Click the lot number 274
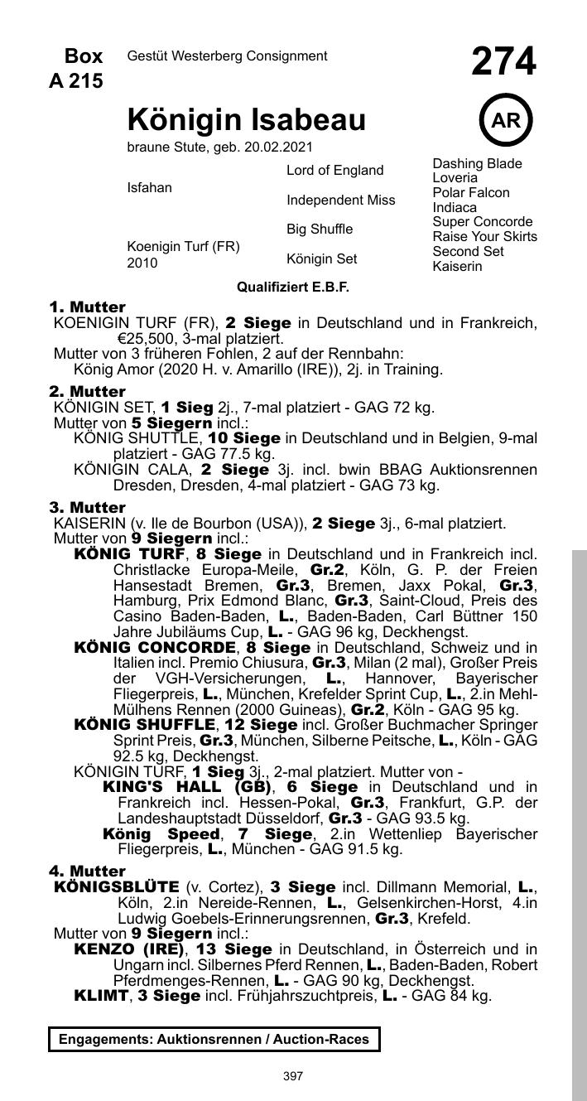point(503,62)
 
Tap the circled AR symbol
point(505,121)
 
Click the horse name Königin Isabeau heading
point(246,121)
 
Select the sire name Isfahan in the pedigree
point(150,188)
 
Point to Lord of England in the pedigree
point(334,171)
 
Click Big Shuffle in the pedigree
point(320,229)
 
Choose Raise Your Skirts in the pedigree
point(484,237)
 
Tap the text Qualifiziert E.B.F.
point(293,287)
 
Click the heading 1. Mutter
point(88,307)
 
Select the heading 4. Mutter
point(88,872)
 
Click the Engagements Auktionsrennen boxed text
point(214,1039)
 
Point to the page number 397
point(293,1076)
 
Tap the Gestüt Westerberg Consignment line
point(227,56)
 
